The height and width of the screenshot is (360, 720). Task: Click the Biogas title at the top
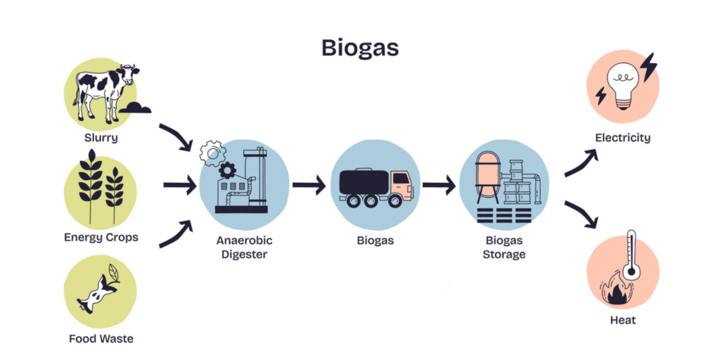point(359,47)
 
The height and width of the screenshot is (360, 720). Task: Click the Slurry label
point(101,138)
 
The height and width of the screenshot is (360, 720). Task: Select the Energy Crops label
point(101,237)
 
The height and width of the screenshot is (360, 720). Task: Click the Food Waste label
point(101,338)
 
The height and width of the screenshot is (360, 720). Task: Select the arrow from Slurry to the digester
point(176,137)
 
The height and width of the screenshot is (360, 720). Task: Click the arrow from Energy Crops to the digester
point(179,186)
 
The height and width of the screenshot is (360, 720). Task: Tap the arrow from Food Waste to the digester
point(176,235)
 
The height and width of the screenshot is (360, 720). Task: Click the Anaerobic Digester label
point(244,247)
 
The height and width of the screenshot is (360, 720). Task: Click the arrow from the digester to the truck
point(309,186)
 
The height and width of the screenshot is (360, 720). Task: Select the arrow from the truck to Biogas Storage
point(439,186)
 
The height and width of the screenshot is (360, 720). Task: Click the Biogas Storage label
point(503,247)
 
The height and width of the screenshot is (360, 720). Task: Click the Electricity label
point(622,138)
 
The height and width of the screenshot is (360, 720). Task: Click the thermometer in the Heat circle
point(630,257)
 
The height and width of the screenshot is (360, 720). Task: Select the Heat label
point(622,320)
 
